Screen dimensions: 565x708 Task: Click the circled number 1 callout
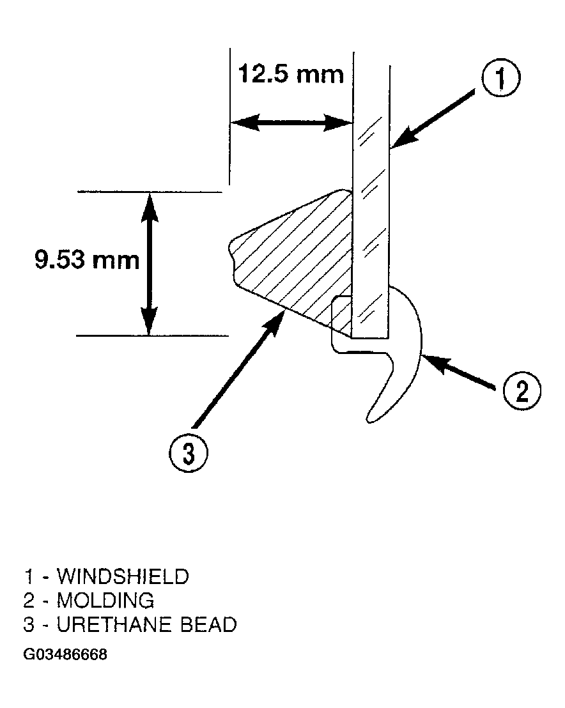500,78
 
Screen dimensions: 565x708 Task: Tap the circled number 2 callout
522,391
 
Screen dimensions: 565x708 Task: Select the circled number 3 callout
189,453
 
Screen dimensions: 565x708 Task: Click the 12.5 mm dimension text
291,75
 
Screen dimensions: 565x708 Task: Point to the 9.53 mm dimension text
87,260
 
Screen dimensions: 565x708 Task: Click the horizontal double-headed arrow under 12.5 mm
291,122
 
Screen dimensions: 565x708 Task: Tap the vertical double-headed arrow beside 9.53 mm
150,264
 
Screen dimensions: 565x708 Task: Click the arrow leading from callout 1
433,118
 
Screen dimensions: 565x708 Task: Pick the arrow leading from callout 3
238,369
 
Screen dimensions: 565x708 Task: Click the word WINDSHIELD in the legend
123,576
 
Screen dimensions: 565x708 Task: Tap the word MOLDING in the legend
105,601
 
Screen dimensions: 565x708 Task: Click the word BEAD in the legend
208,625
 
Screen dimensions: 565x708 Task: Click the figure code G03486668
65,654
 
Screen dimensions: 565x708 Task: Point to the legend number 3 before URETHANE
29,625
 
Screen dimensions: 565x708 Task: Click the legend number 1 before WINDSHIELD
29,576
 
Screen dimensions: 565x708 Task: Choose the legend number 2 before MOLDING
29,601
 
